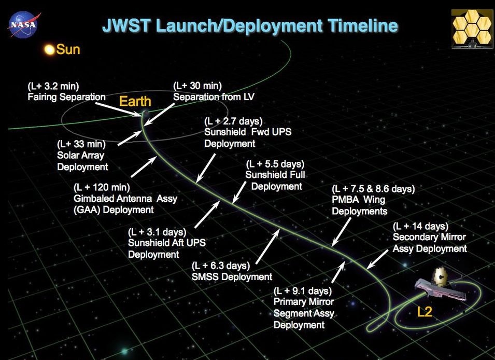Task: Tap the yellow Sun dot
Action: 50,50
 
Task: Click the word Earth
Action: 135,102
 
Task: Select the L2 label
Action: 425,312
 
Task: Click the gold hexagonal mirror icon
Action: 472,29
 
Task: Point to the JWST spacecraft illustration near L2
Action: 440,284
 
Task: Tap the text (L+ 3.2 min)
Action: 53,86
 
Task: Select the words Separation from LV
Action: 214,96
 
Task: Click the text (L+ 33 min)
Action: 81,144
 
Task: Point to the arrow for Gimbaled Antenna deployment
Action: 144,167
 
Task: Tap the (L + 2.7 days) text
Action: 233,121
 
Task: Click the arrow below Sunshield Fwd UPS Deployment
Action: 205,168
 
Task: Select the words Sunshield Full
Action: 275,175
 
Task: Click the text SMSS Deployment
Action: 232,277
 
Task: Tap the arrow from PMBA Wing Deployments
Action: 341,232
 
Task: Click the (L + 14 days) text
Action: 420,226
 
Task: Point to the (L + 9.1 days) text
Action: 303,290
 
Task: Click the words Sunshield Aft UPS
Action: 167,243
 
